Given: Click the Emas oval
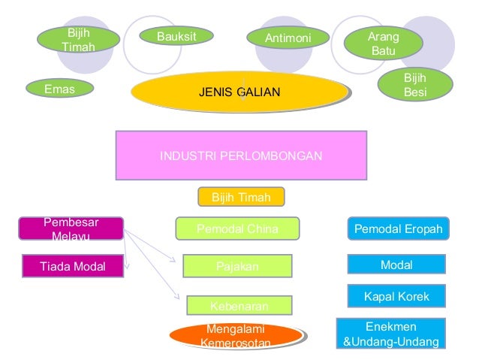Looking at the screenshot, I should (61, 89).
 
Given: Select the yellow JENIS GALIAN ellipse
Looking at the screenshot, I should (239, 92).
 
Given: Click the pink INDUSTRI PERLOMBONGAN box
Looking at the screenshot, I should (241, 156).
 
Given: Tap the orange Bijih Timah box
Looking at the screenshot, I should (241, 197).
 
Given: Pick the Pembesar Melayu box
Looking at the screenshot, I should (71, 229).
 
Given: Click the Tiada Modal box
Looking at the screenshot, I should (73, 265).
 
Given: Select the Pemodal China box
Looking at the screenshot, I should (237, 228).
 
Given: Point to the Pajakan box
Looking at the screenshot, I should (236, 265).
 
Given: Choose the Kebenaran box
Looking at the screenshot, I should (239, 304).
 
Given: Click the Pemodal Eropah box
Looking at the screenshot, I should (398, 228).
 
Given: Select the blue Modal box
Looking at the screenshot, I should (396, 264).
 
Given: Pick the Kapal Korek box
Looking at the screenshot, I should (396, 296).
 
